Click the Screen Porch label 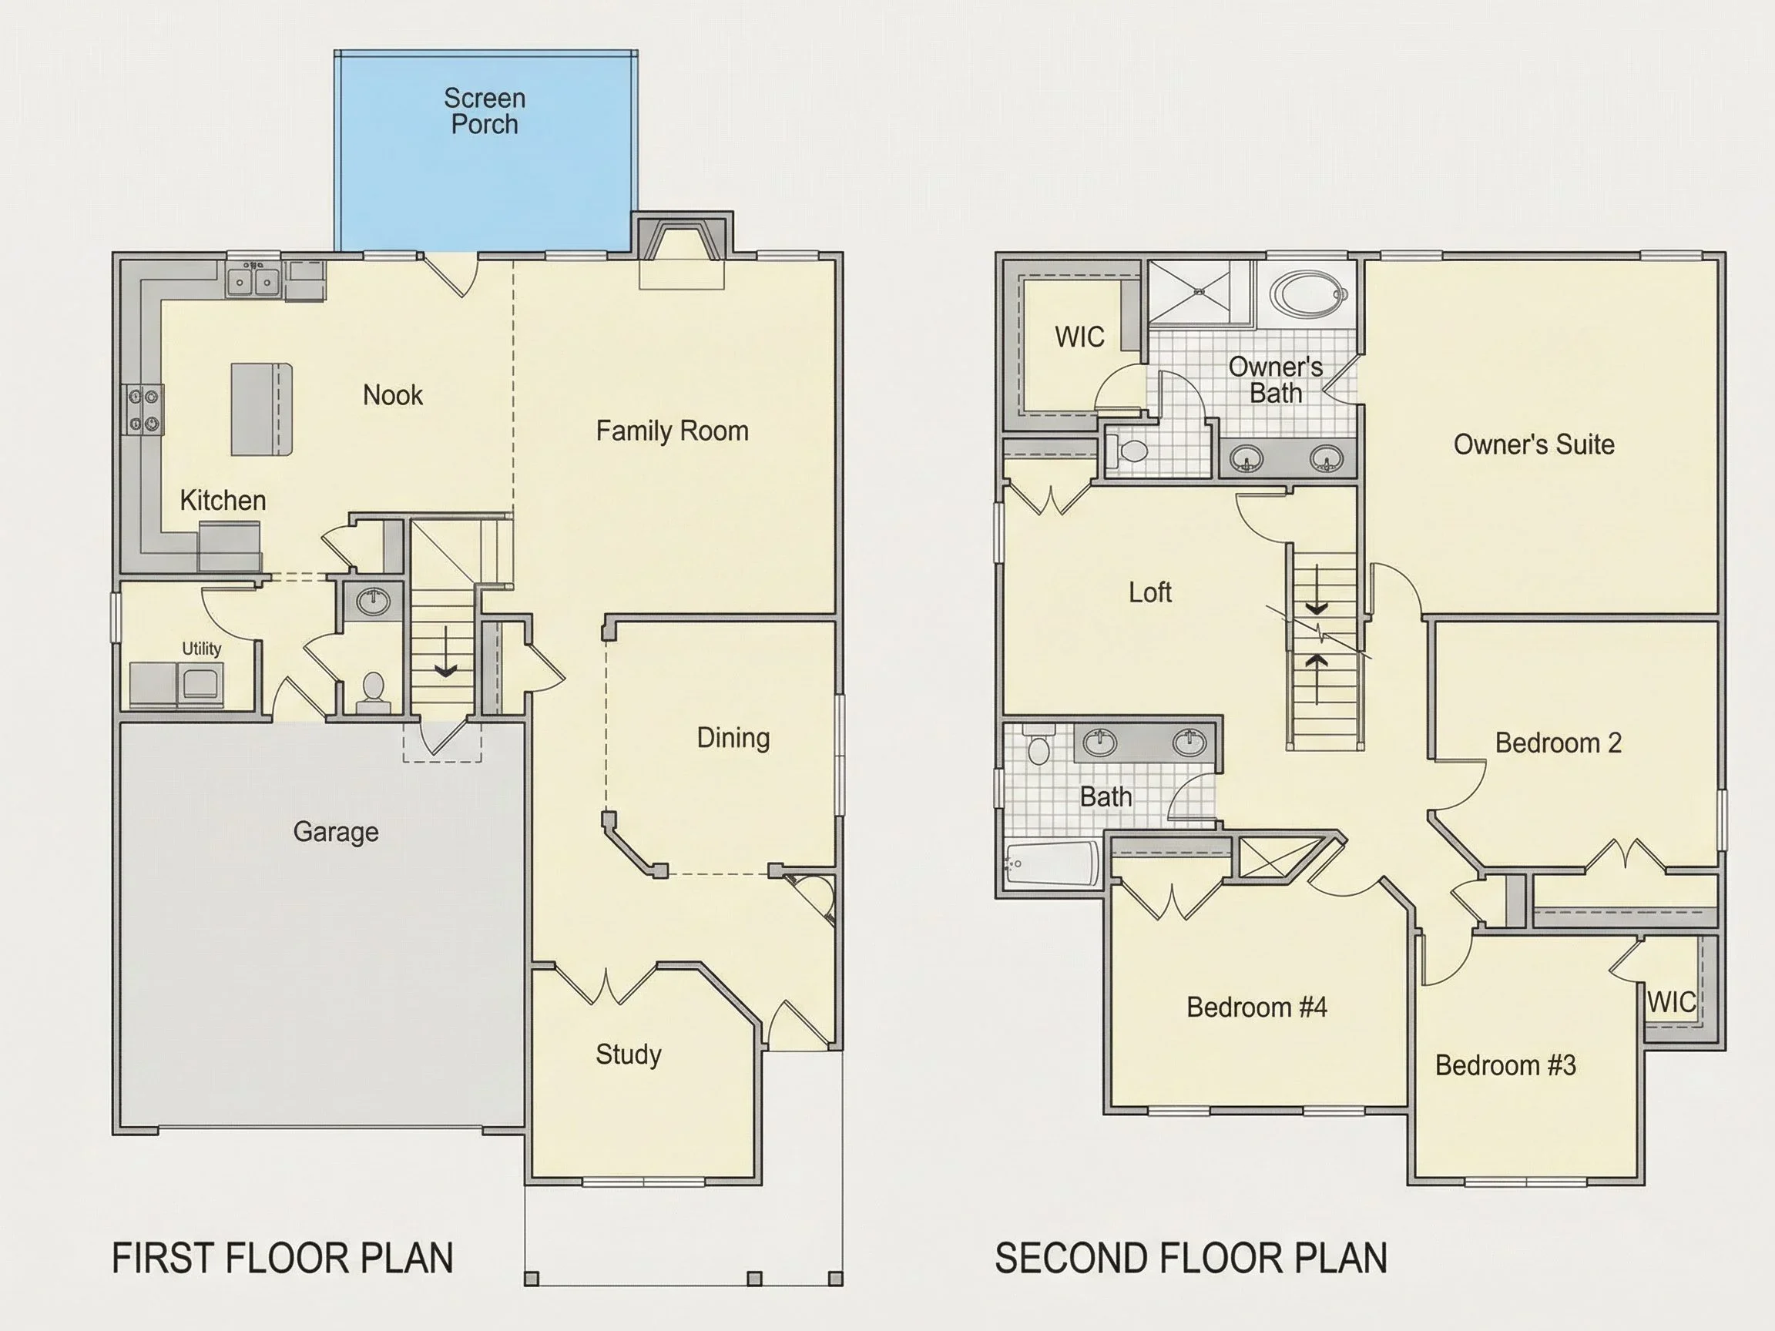(x=485, y=111)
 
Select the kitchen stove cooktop (x=143, y=410)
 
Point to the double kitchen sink (x=253, y=281)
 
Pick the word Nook (x=392, y=394)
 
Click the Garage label (x=335, y=832)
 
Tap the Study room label (x=629, y=1054)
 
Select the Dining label (x=733, y=738)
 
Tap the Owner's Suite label (x=1533, y=444)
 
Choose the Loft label (x=1150, y=593)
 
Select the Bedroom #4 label (x=1257, y=1007)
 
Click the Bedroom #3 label (x=1505, y=1065)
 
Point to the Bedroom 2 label (x=1559, y=743)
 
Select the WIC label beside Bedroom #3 (x=1672, y=1002)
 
